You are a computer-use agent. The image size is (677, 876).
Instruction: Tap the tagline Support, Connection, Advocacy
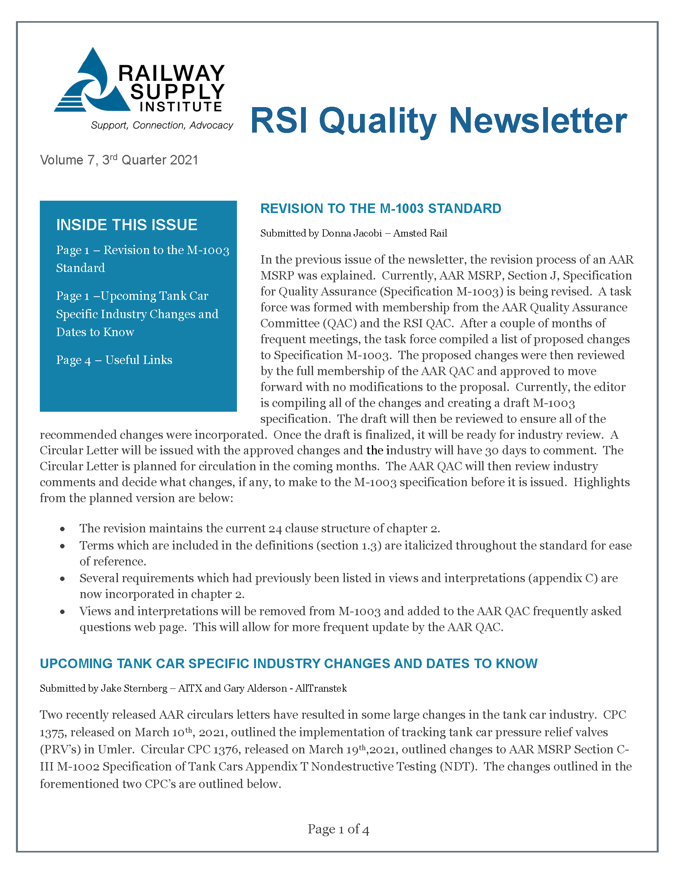162,125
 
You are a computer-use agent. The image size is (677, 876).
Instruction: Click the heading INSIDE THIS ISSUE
127,225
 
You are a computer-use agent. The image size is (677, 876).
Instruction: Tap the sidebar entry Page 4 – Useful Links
114,360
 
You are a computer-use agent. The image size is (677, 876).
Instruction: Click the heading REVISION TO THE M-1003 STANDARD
381,209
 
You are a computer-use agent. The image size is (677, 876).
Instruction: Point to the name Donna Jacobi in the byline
351,233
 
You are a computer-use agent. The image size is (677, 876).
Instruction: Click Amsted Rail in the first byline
419,233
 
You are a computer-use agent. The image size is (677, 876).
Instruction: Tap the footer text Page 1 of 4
338,829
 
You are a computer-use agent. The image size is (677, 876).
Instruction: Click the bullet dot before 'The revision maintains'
63,530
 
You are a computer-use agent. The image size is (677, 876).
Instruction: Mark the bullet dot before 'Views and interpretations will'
63,612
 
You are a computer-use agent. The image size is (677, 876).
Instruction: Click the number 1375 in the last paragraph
53,733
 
